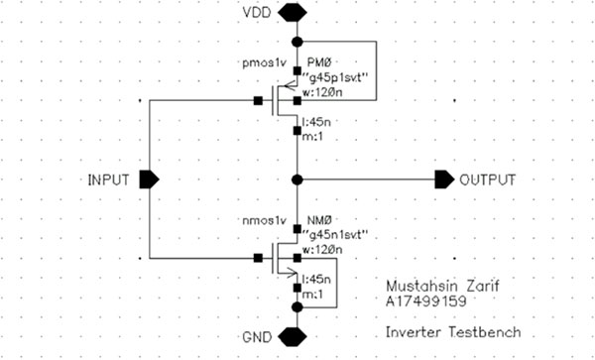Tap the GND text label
point(257,334)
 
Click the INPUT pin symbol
point(149,180)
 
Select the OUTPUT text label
point(487,180)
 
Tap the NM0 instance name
point(323,219)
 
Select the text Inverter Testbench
point(438,328)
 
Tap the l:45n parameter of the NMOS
point(319,280)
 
